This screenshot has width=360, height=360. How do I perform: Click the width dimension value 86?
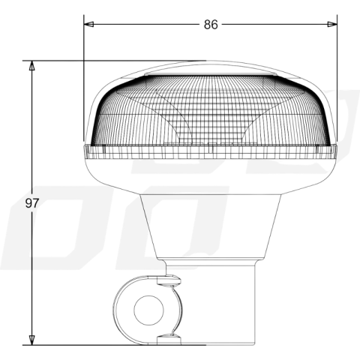coord(210,25)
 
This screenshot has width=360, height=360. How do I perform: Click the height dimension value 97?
coord(31,203)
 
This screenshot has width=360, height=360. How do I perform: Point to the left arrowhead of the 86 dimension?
coord(88,25)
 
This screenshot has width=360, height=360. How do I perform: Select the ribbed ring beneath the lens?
coord(210,153)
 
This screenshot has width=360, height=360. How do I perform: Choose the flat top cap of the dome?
coord(210,69)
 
